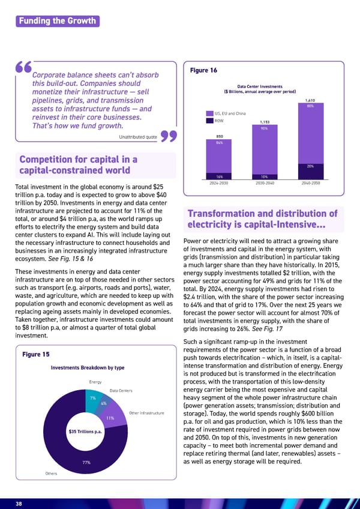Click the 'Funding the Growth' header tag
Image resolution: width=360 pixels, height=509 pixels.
click(57, 21)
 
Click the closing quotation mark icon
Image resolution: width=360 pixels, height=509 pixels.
click(169, 137)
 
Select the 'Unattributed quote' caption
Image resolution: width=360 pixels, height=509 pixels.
click(139, 137)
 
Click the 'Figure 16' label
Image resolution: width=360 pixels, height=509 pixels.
click(203, 71)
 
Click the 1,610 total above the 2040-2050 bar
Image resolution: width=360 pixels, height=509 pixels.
click(310, 100)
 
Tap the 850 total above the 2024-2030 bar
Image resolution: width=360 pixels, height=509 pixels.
click(219, 136)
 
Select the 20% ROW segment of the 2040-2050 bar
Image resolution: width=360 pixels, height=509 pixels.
click(310, 166)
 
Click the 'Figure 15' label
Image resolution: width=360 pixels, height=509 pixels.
click(35, 355)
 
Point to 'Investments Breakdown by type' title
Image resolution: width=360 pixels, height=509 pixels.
click(88, 367)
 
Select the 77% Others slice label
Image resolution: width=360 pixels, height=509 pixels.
click(86, 462)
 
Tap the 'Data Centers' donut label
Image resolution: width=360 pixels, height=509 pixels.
click(121, 391)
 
